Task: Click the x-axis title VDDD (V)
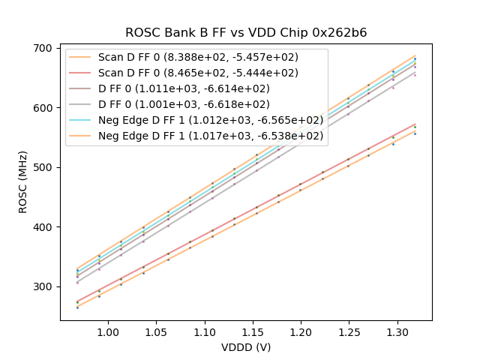pyautogui.click(x=245, y=347)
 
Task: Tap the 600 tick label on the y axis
pyautogui.click(x=44, y=108)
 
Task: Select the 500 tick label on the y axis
pyautogui.click(x=44, y=167)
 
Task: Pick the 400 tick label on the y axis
pyautogui.click(x=44, y=227)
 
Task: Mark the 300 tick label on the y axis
pyautogui.click(x=44, y=286)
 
